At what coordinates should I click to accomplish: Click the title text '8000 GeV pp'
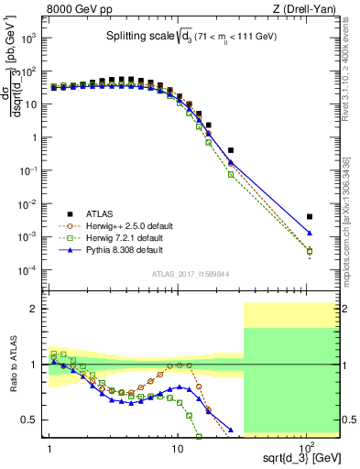tap(77, 9)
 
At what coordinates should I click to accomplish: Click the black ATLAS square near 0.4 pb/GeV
tap(230, 150)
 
